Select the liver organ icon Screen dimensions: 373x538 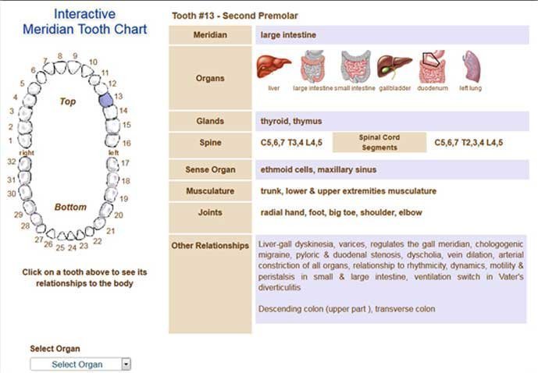point(273,67)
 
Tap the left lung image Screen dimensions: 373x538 point(471,67)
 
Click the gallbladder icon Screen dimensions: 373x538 point(394,67)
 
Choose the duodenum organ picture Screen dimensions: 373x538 point(432,69)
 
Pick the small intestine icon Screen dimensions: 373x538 point(355,68)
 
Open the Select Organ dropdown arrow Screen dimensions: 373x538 point(126,364)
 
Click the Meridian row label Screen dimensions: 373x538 point(210,35)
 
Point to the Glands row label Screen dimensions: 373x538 point(210,122)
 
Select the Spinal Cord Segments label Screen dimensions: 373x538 point(379,142)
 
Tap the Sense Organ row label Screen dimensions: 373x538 point(210,169)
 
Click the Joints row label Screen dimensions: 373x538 point(210,212)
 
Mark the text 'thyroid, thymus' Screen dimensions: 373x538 point(290,122)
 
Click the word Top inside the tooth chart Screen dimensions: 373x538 point(68,101)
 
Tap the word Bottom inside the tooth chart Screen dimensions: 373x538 point(70,208)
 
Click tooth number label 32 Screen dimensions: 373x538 point(12,162)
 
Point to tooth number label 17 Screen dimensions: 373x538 point(125,163)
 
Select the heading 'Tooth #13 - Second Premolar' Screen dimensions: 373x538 point(234,16)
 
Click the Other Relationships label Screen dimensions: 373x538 point(210,246)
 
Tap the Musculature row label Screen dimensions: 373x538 point(210,191)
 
